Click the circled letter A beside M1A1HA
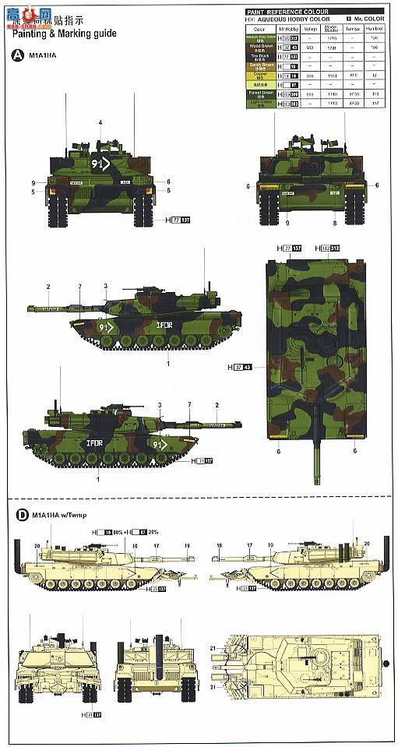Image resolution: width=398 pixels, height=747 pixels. point(17,55)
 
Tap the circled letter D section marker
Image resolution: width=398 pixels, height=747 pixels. point(17,515)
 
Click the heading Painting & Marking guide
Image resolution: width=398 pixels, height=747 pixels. point(65,34)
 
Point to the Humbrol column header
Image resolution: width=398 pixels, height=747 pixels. point(374,29)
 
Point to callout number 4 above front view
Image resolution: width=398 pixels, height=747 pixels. point(100,123)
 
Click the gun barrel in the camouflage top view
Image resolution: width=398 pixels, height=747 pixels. point(317,444)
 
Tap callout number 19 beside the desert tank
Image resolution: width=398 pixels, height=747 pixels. point(188,545)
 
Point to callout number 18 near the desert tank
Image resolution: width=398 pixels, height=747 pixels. point(220,545)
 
